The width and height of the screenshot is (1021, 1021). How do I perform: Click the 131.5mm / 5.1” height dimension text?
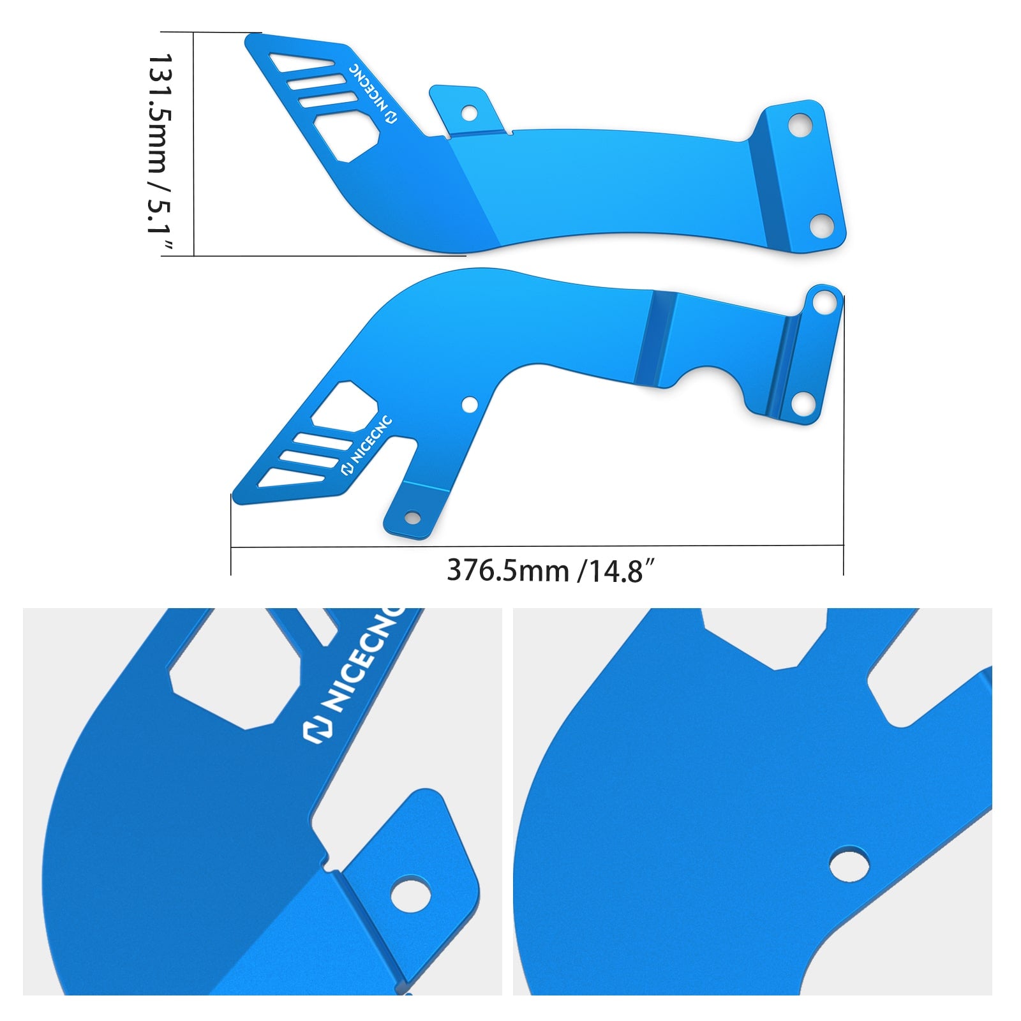pos(160,153)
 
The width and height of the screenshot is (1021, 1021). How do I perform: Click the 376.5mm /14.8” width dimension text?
pos(551,570)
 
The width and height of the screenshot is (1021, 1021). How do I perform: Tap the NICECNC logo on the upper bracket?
pos(373,93)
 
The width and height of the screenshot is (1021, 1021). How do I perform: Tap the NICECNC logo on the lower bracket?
pos(366,446)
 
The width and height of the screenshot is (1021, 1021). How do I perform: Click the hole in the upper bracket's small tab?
pos(469,114)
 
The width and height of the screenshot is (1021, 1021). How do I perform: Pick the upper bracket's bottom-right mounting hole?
pos(821,224)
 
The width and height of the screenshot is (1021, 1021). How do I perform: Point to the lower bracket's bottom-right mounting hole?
pos(802,403)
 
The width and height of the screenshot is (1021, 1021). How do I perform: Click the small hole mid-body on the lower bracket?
pos(470,405)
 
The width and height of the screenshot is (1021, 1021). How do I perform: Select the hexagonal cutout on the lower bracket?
pos(345,405)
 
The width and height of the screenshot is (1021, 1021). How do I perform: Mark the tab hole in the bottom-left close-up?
pos(410,895)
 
